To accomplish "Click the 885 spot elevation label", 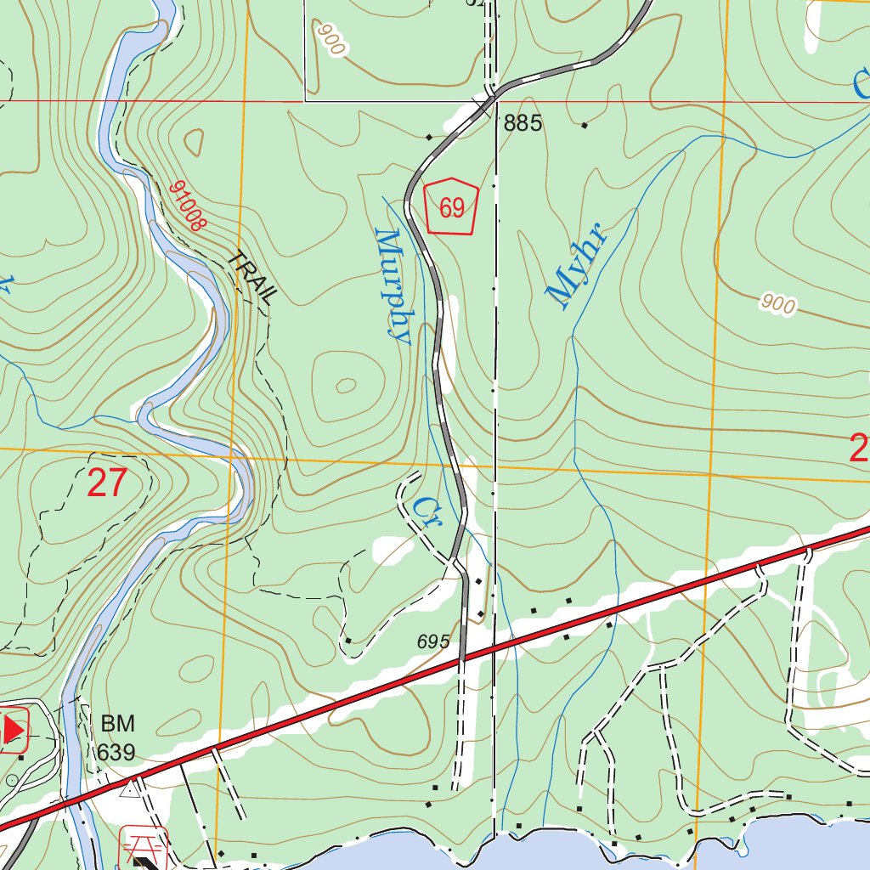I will click(x=523, y=124).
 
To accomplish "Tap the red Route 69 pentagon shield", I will click(x=451, y=206).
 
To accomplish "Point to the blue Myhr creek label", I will click(x=578, y=263).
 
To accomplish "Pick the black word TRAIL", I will click(x=254, y=278).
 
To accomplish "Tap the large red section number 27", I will click(x=107, y=483).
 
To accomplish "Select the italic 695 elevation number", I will click(x=433, y=642).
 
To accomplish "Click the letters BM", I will click(x=117, y=725).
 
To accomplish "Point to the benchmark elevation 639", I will click(x=116, y=752).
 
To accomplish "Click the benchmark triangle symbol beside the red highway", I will click(x=129, y=790).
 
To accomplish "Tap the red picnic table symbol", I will click(x=144, y=845).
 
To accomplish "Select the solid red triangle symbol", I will click(x=13, y=730).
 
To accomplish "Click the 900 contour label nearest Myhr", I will click(x=778, y=304).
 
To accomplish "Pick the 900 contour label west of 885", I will click(x=331, y=39).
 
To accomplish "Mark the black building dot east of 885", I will click(x=585, y=127).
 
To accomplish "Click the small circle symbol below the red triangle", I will click(x=11, y=780).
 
